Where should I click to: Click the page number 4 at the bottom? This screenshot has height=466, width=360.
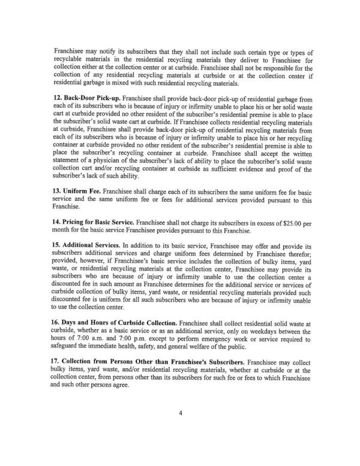(180, 429)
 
